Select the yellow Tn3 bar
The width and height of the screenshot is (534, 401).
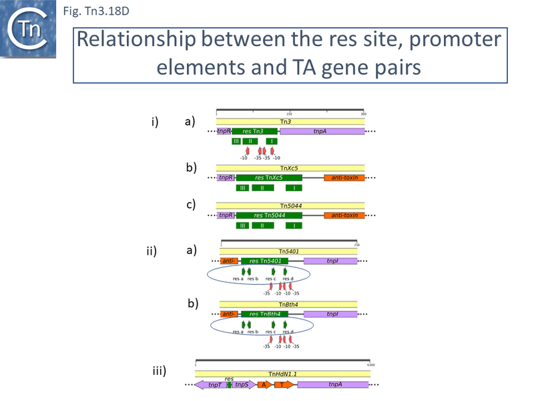290,122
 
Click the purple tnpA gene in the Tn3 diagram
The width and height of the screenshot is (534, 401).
322,132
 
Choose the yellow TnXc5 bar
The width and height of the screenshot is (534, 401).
290,168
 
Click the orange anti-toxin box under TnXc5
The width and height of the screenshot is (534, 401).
344,178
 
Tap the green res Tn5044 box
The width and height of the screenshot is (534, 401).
269,215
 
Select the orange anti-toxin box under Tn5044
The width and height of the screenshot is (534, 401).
344,215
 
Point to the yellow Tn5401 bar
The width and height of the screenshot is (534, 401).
288,251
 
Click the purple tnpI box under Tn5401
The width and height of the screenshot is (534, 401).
331,261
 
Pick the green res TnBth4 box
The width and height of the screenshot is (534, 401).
264,314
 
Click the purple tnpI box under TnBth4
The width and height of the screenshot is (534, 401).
331,314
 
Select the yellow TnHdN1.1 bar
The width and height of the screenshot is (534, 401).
282,374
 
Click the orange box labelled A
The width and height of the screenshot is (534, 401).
264,385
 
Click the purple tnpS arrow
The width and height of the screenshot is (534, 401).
243,385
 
